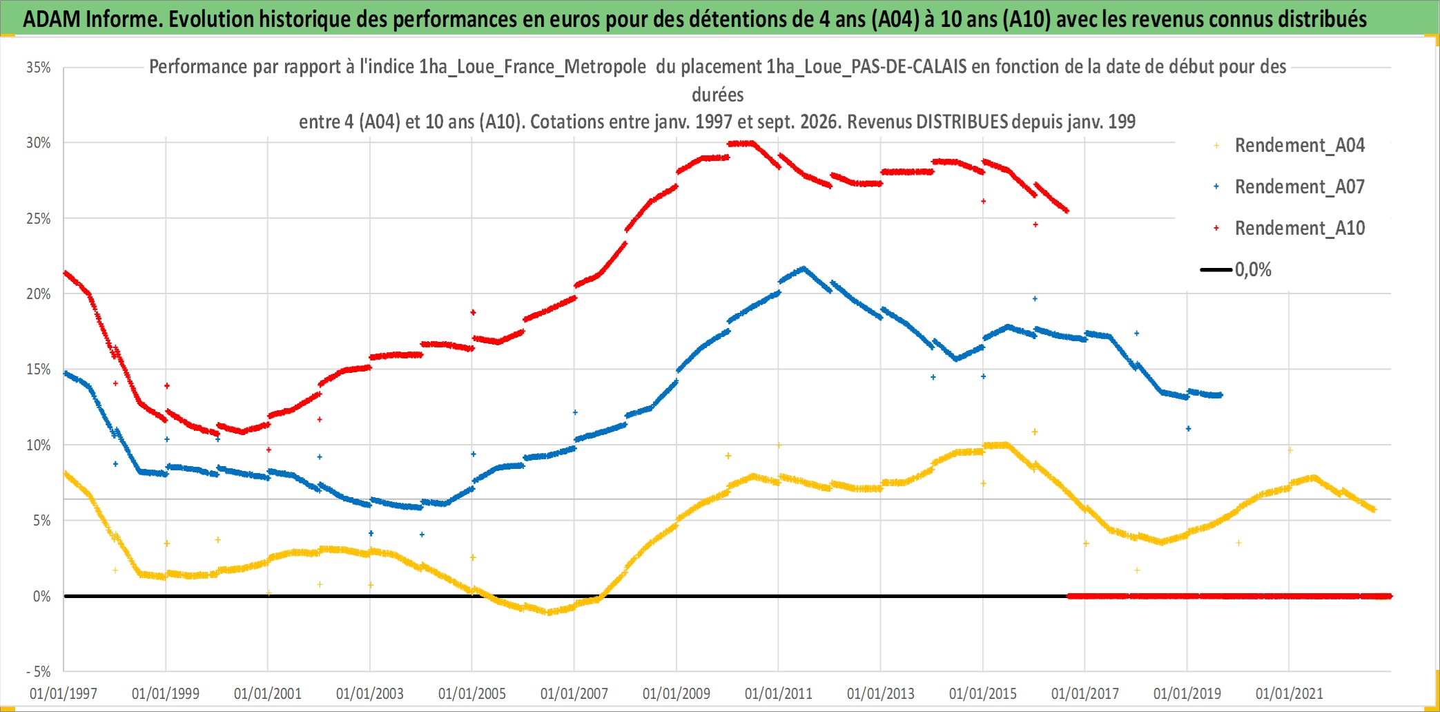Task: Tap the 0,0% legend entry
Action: pyautogui.click(x=1236, y=269)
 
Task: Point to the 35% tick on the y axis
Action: pyautogui.click(x=39, y=68)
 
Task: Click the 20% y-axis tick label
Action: pyautogui.click(x=39, y=294)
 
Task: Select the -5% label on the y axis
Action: pyautogui.click(x=39, y=671)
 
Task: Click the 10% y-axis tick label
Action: pyautogui.click(x=39, y=445)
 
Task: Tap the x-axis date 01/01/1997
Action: pyautogui.click(x=64, y=693)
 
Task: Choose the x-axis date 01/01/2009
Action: pyautogui.click(x=677, y=693)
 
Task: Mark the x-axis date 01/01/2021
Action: pyautogui.click(x=1290, y=693)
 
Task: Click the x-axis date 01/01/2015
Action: pyautogui.click(x=983, y=693)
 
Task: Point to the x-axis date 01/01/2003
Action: pyautogui.click(x=370, y=693)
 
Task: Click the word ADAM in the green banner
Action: pyautogui.click(x=52, y=19)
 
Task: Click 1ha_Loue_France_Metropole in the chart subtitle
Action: pyautogui.click(x=532, y=67)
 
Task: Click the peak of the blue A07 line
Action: pyautogui.click(x=803, y=268)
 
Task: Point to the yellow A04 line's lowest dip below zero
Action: pyautogui.click(x=549, y=612)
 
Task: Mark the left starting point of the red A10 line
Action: pyautogui.click(x=64, y=273)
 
